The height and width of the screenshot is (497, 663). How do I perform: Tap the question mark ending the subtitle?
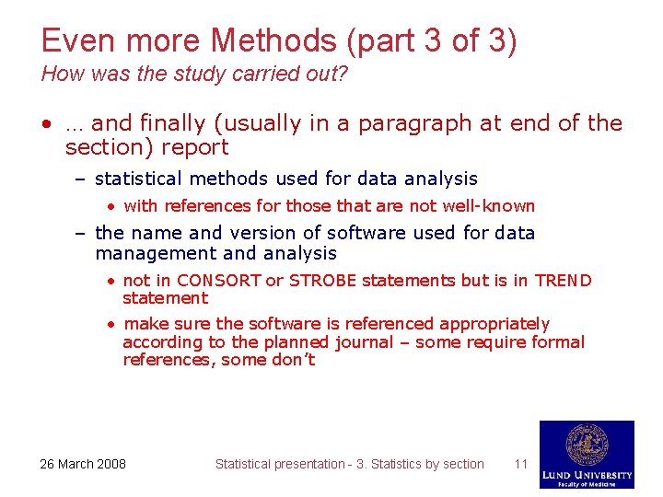pyautogui.click(x=343, y=75)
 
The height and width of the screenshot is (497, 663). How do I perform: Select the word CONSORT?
pyautogui.click(x=219, y=281)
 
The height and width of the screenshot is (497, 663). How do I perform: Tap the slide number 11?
pyautogui.click(x=520, y=464)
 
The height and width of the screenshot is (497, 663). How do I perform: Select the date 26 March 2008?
pyautogui.click(x=83, y=464)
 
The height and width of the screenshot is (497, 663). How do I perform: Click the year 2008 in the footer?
pyautogui.click(x=110, y=464)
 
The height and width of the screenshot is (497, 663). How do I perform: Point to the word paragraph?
pyautogui.click(x=406, y=123)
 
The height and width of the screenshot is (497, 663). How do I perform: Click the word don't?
pyautogui.click(x=291, y=360)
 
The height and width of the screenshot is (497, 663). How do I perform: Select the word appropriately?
pyautogui.click(x=494, y=324)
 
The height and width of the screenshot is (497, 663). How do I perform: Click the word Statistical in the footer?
pyautogui.click(x=245, y=464)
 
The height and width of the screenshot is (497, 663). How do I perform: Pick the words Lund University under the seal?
pyautogui.click(x=587, y=475)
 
